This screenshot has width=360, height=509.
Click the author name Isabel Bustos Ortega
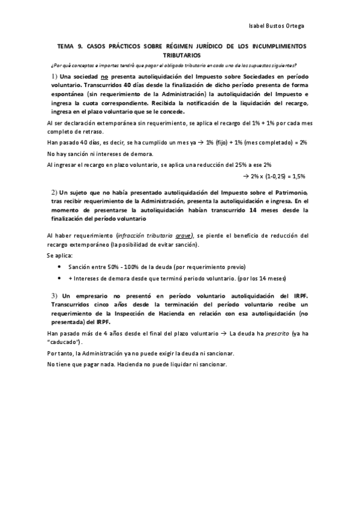coord(276,26)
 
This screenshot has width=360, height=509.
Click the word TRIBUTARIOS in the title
coord(180,55)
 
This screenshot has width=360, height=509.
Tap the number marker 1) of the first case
coord(54,77)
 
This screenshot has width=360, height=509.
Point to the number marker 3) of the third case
coord(54,295)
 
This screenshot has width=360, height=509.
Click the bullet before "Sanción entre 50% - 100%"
coord(58,267)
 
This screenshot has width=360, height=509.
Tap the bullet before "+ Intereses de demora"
coord(58,278)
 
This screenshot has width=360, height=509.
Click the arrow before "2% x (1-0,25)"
coord(245,176)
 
